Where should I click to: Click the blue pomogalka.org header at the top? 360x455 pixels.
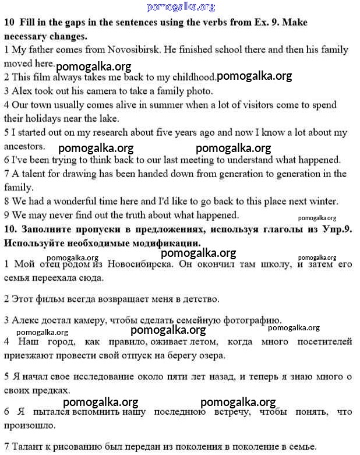tap(181, 7)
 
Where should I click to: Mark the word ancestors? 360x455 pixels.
tap(24, 146)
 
